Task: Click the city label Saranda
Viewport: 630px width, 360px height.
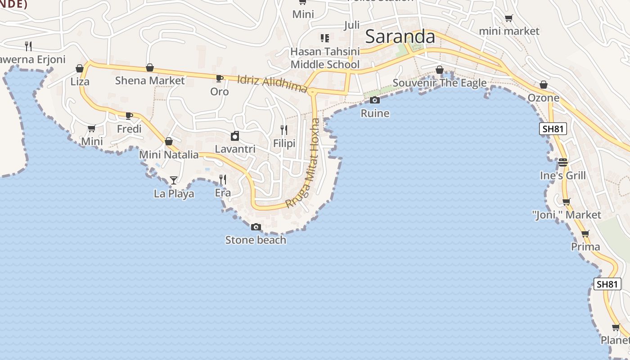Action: tap(400, 37)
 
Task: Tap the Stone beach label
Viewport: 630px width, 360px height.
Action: tap(256, 240)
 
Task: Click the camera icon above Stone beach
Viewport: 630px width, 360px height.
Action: tap(256, 227)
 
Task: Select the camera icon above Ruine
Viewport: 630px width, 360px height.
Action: tap(374, 100)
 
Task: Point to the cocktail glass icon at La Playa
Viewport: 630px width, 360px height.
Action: tap(174, 180)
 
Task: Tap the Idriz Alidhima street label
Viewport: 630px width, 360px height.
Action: tap(272, 84)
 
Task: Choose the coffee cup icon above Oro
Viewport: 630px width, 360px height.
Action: tap(219, 79)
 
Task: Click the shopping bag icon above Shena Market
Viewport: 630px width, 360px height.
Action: tap(150, 68)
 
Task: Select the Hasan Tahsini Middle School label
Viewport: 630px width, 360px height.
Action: tap(325, 58)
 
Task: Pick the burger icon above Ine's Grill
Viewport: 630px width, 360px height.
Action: tap(563, 162)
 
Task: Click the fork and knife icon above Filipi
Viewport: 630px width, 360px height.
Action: tap(284, 130)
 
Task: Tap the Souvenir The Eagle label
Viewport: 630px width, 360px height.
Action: tap(440, 83)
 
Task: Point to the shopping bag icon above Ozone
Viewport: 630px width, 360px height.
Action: tap(544, 85)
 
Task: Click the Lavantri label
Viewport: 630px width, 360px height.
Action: tap(235, 149)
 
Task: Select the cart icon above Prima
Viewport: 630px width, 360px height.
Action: tap(585, 234)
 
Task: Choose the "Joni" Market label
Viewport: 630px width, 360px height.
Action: tap(566, 215)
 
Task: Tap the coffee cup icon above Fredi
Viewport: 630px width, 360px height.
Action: tap(129, 116)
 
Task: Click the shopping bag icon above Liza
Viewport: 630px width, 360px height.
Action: tap(80, 69)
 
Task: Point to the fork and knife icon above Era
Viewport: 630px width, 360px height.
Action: tap(222, 180)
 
